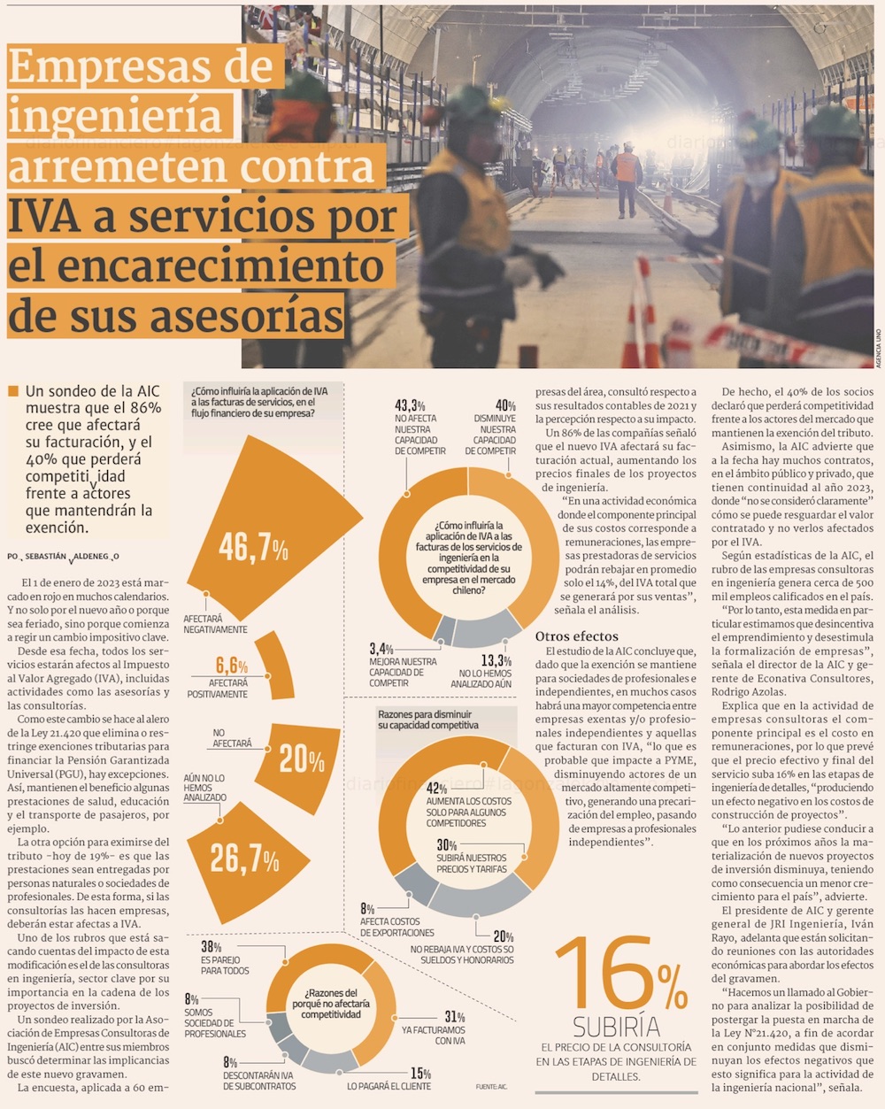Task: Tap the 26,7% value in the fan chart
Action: coord(244,858)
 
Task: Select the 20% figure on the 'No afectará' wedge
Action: coord(302,758)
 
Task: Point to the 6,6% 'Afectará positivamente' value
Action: coord(232,666)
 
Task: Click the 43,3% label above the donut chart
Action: coord(410,406)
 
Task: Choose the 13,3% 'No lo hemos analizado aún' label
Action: coord(496,660)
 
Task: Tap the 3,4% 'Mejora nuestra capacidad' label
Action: coord(381,650)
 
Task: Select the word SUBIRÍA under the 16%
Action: coord(616,1027)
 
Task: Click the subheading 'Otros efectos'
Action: coord(576,636)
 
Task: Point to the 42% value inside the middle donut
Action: coord(437,789)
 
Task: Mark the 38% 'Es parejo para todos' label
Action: coord(211,948)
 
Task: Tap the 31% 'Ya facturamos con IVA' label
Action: coord(454,1018)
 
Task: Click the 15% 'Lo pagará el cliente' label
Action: coord(420,1074)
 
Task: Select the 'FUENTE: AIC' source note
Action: coord(491,1086)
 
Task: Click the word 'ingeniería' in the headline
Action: coord(114,116)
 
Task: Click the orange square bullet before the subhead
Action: coord(12,391)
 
